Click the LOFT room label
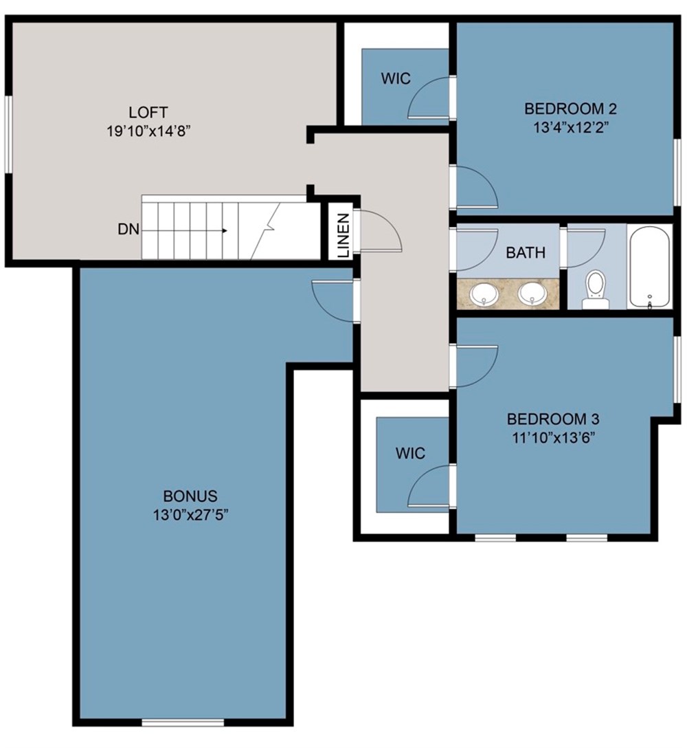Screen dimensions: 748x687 pyautogui.click(x=148, y=112)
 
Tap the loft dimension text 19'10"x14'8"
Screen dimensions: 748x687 pyautogui.click(x=148, y=131)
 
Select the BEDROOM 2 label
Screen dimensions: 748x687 pyautogui.click(x=570, y=109)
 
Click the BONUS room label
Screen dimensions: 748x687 pyautogui.click(x=190, y=496)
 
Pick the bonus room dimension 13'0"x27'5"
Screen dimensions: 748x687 pyautogui.click(x=190, y=515)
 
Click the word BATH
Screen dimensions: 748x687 pyautogui.click(x=526, y=253)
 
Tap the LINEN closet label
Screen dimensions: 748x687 pyautogui.click(x=343, y=236)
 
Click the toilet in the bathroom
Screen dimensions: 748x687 pyautogui.click(x=595, y=289)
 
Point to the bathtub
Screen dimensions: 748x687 pyautogui.click(x=649, y=267)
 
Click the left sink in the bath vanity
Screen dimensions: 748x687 pyautogui.click(x=486, y=295)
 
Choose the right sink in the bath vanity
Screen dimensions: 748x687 pyautogui.click(x=533, y=294)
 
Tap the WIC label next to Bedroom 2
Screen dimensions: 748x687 pyautogui.click(x=396, y=78)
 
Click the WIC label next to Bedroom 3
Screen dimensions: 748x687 pyautogui.click(x=409, y=454)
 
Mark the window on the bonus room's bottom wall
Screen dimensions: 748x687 pyautogui.click(x=183, y=722)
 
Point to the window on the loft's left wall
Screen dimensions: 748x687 pyautogui.click(x=8, y=134)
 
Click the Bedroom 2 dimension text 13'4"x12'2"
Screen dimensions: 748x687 pyautogui.click(x=570, y=127)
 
